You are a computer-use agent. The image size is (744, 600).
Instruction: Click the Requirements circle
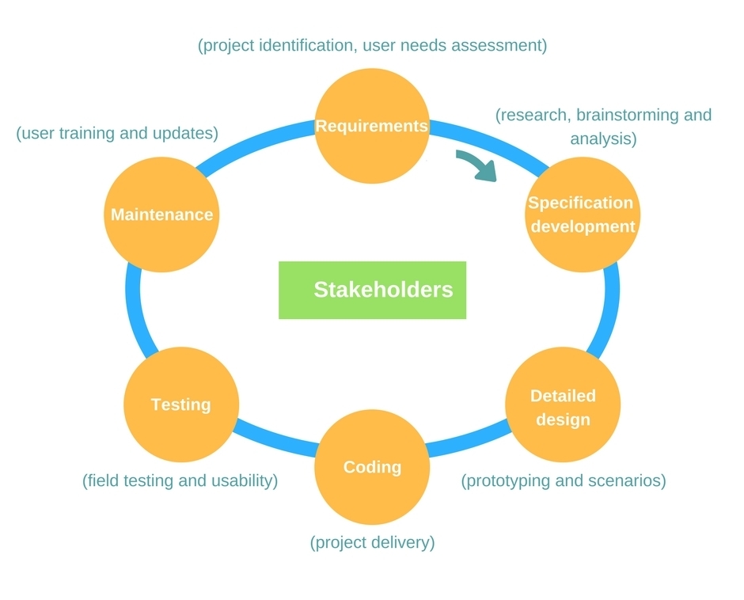point(372,126)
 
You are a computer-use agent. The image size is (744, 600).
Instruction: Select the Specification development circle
point(583,215)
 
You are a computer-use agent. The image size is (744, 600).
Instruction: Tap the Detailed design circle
point(563,404)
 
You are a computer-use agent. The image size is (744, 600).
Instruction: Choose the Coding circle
point(372,467)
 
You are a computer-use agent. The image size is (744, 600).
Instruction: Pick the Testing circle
point(180,404)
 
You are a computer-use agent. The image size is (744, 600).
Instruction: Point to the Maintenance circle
point(161,215)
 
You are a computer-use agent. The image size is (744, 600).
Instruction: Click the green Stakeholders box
point(373,290)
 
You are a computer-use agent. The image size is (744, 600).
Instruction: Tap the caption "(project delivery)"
point(373,542)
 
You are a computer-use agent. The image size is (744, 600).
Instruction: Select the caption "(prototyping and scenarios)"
point(564,480)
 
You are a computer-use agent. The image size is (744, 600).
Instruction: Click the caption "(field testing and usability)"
point(180,480)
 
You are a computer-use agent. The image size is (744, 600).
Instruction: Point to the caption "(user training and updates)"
point(117,133)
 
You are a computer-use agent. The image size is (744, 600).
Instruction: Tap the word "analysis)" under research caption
point(604,139)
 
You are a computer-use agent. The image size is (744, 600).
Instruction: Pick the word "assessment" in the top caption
point(499,46)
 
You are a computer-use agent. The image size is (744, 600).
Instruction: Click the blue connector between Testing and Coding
point(277,436)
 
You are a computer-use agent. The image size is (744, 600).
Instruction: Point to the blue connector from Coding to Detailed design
point(469,437)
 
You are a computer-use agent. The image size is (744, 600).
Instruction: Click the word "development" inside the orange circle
point(583,226)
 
